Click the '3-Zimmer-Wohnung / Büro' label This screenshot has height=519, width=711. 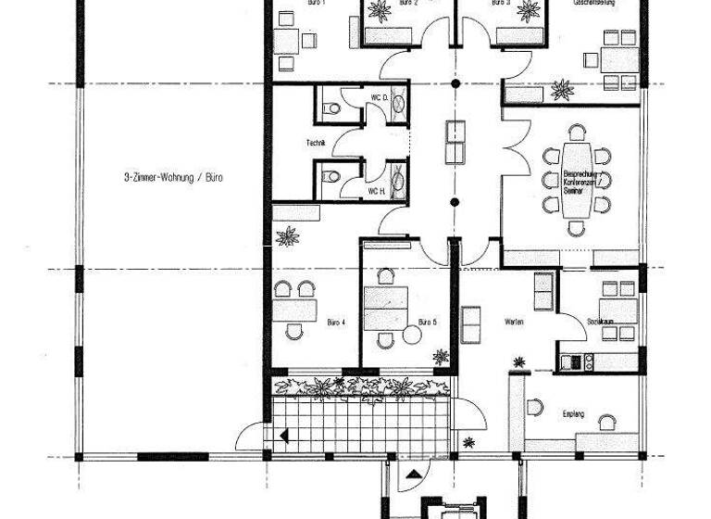point(173,177)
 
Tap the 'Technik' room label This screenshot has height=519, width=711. point(316,143)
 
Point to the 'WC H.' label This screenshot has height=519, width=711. point(376,191)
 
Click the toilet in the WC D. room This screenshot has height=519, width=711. point(329,109)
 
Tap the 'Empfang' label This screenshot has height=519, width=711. point(573,413)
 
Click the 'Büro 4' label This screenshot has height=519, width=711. point(337,323)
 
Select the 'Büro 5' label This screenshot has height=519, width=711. point(427,323)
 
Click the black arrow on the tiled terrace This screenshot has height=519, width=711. point(281,435)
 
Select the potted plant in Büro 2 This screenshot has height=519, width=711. point(379,11)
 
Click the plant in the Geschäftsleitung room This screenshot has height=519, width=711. point(561,90)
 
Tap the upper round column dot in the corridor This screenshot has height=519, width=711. point(454,84)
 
